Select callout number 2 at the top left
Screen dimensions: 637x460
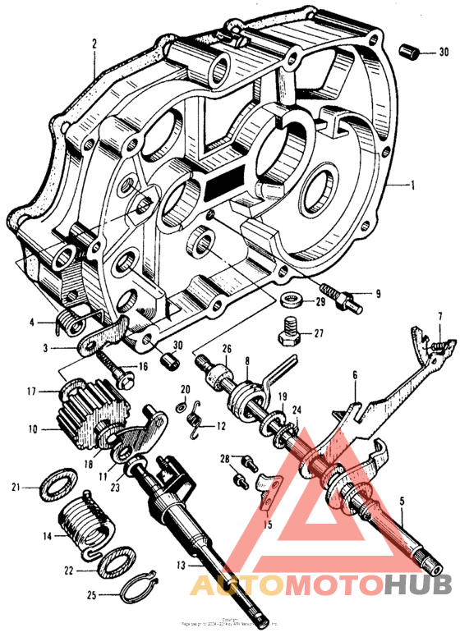[x=95, y=44]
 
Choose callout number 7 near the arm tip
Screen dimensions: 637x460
[x=440, y=316]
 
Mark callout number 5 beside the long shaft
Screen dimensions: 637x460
[x=402, y=500]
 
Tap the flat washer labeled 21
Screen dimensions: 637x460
[x=55, y=485]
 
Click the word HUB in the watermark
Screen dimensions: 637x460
[x=416, y=585]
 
